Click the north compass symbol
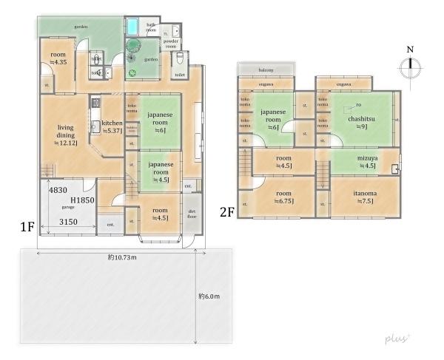(x=408, y=68)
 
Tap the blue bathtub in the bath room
(x=132, y=27)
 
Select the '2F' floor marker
(x=227, y=211)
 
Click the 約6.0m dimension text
(x=209, y=296)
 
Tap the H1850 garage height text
(x=81, y=200)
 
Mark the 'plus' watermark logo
(x=396, y=338)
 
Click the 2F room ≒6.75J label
(x=283, y=197)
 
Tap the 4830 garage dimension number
(x=58, y=191)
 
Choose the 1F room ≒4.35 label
(x=58, y=58)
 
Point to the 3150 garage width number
(x=69, y=222)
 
